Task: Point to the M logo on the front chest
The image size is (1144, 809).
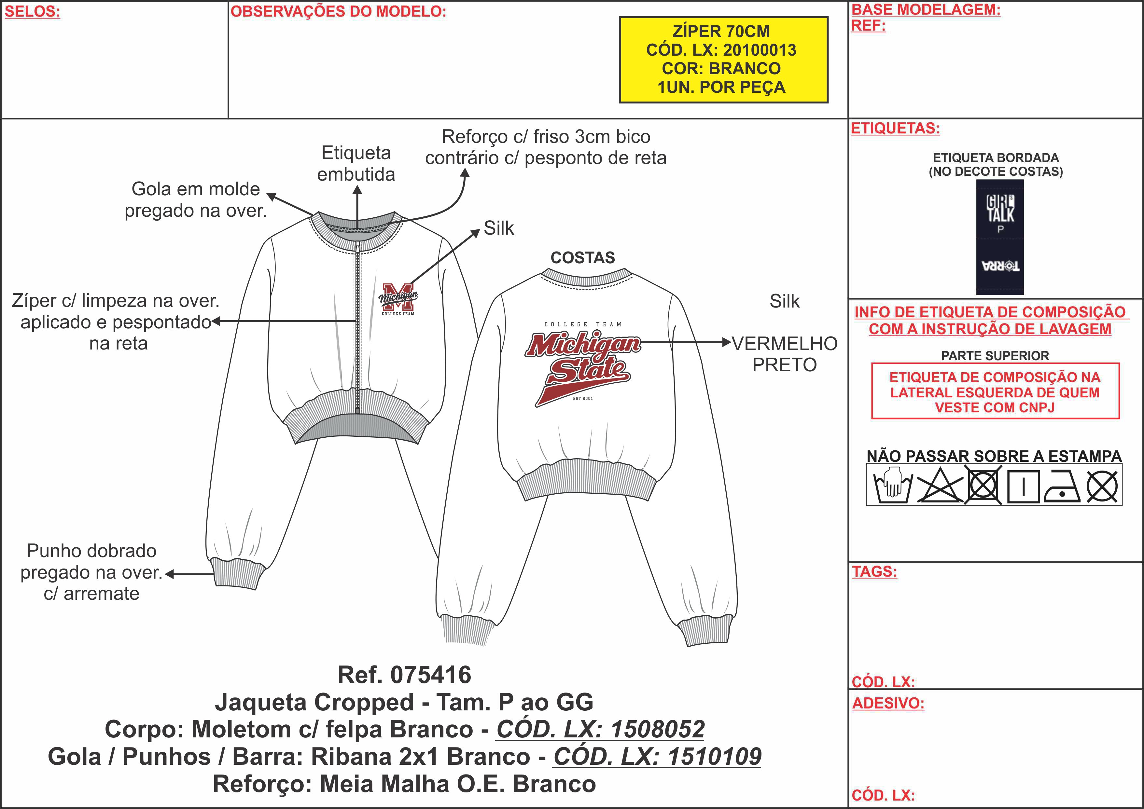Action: pos(398,297)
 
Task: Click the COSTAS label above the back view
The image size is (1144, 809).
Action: pos(582,257)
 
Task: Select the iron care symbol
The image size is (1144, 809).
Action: pos(1061,486)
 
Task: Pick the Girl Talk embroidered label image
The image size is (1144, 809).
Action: pos(999,237)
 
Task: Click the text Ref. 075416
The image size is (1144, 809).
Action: pos(404,675)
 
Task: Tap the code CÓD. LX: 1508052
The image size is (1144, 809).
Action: pos(600,729)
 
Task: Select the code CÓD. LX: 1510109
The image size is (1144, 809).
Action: pos(657,756)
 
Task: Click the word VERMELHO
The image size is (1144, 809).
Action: pos(784,344)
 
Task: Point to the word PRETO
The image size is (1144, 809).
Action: pos(784,365)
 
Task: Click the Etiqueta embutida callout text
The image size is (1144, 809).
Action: pos(356,163)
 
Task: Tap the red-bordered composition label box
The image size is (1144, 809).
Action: pos(995,391)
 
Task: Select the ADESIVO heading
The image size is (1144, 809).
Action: pos(888,703)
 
